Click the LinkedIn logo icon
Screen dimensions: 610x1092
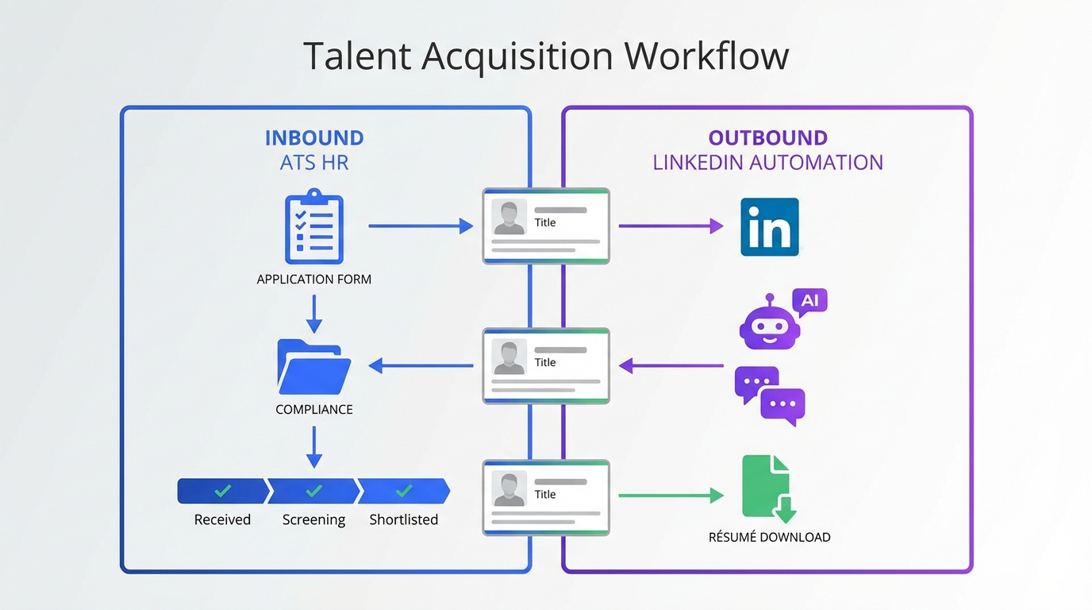point(769,227)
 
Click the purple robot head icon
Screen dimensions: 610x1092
point(768,324)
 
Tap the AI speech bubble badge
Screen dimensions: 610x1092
point(810,302)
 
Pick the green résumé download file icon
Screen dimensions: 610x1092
point(768,488)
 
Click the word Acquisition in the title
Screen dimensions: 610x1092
point(517,56)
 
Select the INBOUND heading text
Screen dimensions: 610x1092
point(314,137)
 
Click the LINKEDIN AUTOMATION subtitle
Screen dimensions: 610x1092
point(767,163)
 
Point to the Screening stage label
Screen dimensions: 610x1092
point(313,519)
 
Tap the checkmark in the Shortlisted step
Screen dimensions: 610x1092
point(403,491)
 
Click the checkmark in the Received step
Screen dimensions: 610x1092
point(223,491)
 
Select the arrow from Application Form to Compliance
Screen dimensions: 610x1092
point(314,313)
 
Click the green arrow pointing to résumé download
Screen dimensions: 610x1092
point(671,496)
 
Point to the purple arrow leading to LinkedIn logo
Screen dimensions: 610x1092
point(671,226)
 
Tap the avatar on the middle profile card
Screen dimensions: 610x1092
point(509,357)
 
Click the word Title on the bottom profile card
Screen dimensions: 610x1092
point(545,494)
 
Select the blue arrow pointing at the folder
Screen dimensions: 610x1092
point(421,365)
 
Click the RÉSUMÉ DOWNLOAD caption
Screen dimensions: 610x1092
point(769,537)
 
